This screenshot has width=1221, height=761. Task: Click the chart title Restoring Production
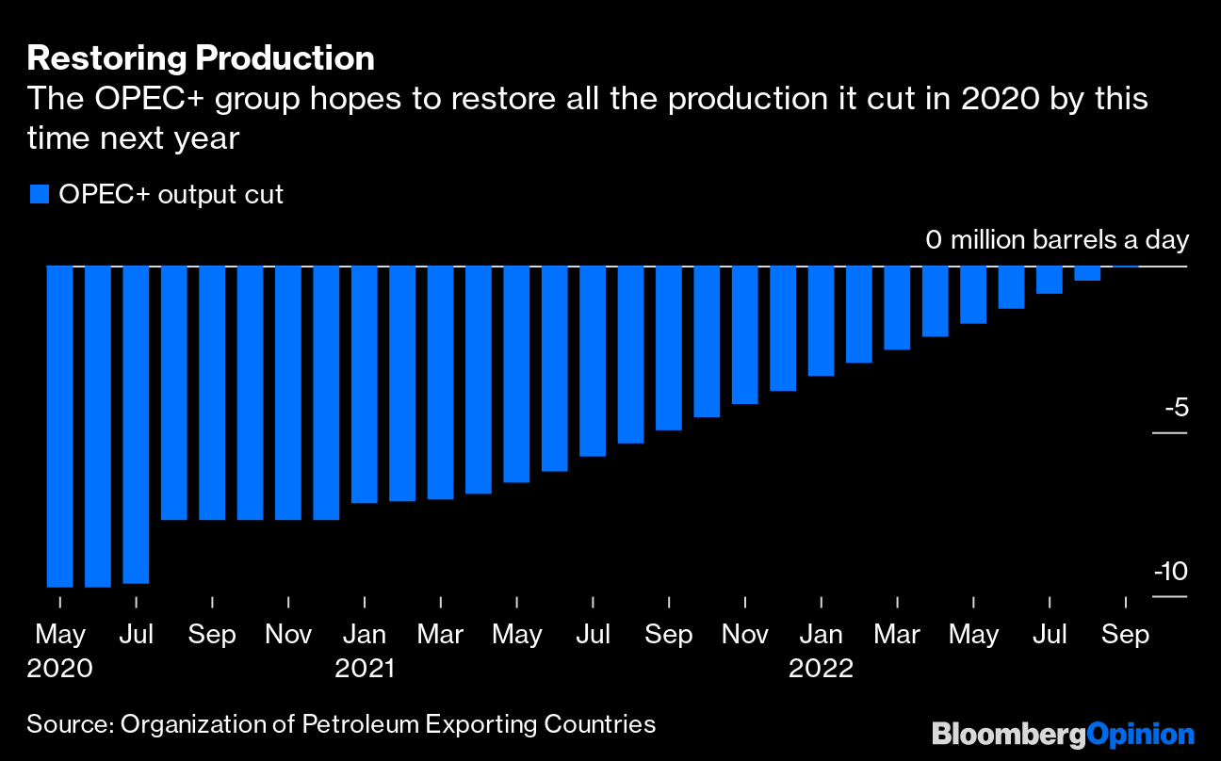pyautogui.click(x=201, y=58)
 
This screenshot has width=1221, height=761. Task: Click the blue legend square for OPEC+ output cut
pyautogui.click(x=39, y=195)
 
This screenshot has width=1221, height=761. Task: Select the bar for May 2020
pyautogui.click(x=60, y=426)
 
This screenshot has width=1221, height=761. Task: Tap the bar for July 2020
pyautogui.click(x=136, y=424)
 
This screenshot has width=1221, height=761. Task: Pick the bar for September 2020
pyautogui.click(x=212, y=392)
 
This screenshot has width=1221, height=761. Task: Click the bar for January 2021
pyautogui.click(x=365, y=384)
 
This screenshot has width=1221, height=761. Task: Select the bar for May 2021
pyautogui.click(x=516, y=374)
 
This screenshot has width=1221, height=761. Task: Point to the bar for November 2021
pyautogui.click(x=745, y=334)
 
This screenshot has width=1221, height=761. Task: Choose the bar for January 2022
pyautogui.click(x=822, y=320)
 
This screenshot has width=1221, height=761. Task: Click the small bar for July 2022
pyautogui.click(x=1050, y=280)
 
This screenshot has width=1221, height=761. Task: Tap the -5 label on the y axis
pyautogui.click(x=1176, y=409)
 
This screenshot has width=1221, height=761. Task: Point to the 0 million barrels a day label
pyautogui.click(x=1057, y=240)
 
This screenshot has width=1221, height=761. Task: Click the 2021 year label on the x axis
pyautogui.click(x=365, y=670)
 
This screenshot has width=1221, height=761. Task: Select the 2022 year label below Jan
pyautogui.click(x=822, y=670)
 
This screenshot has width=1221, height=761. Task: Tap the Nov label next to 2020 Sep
pyautogui.click(x=288, y=635)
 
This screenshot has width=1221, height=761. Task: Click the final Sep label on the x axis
pyautogui.click(x=1126, y=635)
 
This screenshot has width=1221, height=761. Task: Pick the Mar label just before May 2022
pyautogui.click(x=897, y=635)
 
